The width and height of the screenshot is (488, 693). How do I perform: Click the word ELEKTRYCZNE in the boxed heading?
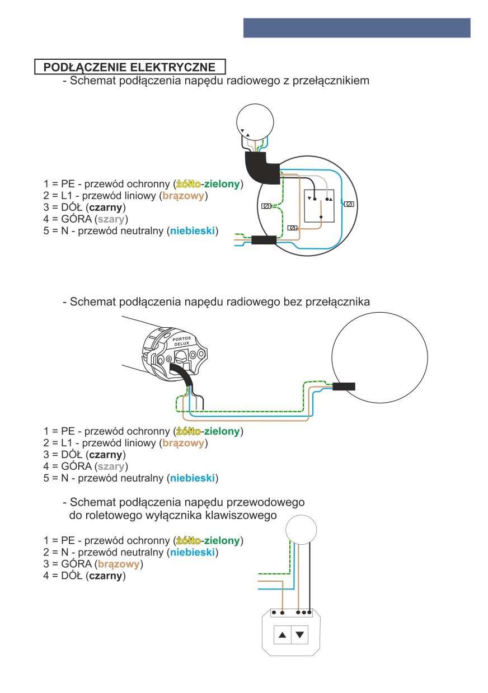[x=173, y=67]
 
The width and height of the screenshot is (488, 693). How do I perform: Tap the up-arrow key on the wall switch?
[x=282, y=635]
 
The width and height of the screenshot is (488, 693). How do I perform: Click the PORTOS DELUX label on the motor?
[x=181, y=341]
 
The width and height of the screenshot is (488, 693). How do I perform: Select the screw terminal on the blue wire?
[x=349, y=204]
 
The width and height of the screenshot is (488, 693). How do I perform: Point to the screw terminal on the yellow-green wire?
[x=266, y=206]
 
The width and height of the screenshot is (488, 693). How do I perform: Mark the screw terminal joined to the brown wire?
[x=292, y=228]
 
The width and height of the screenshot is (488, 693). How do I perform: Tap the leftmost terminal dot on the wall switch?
[x=274, y=612]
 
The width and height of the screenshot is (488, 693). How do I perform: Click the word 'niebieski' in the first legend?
[x=193, y=230]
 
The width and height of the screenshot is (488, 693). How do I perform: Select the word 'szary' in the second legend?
[x=111, y=466]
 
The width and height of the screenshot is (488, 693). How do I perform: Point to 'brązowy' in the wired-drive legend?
[x=119, y=564]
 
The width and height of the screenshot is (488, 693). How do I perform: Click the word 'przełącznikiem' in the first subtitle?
[x=331, y=81]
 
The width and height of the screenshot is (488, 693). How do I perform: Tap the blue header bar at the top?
[x=356, y=28]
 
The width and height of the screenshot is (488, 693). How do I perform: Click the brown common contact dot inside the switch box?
[x=321, y=217]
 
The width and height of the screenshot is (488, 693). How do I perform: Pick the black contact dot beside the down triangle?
[x=315, y=199]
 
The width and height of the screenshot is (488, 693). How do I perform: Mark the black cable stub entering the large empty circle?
[x=344, y=386]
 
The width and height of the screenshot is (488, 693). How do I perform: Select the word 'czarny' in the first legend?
[x=106, y=208]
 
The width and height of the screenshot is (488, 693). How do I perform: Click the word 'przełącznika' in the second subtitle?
[x=337, y=301]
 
